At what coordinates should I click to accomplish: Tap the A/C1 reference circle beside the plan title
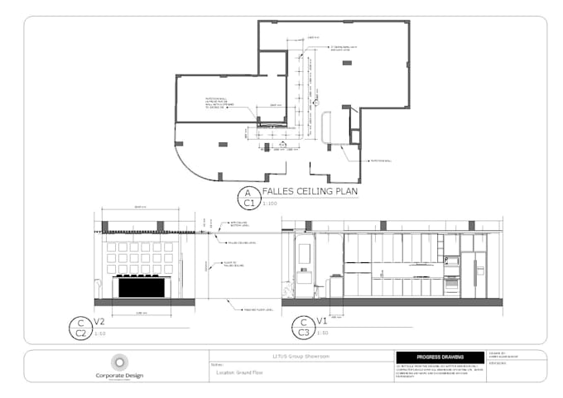pyautogui.click(x=247, y=197)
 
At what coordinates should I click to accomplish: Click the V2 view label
pyautogui.click(x=99, y=322)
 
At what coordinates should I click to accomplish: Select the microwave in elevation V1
pyautogui.click(x=452, y=261)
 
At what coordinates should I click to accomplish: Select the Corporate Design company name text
pyautogui.click(x=119, y=374)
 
